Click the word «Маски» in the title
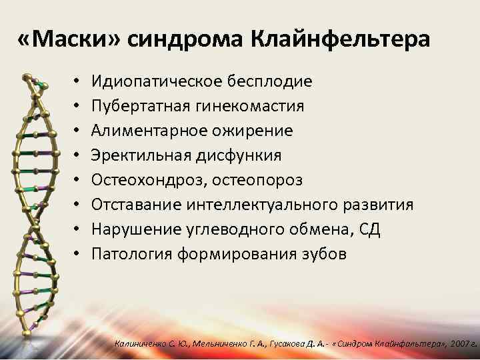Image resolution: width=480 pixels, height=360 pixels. tap(69, 41)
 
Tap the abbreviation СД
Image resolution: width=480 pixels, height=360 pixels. tap(369, 229)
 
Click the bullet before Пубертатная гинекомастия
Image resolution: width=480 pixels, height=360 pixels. tap(77, 106)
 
